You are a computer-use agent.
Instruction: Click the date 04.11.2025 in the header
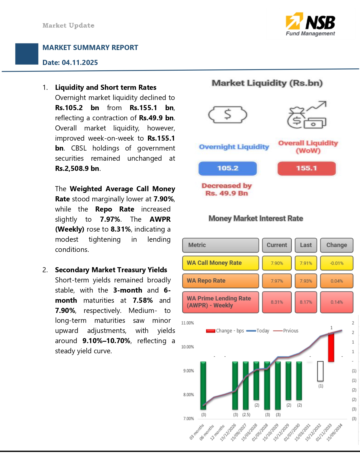(80, 62)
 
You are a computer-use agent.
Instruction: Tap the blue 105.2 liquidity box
(228, 168)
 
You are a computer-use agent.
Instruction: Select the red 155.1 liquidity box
(306, 168)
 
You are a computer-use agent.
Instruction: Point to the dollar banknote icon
(228, 114)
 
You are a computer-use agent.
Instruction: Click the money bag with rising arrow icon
(307, 115)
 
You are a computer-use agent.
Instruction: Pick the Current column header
(277, 245)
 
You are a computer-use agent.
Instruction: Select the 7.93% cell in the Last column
(306, 281)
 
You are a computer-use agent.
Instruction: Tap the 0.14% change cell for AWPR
(337, 302)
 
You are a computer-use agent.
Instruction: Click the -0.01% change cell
(337, 263)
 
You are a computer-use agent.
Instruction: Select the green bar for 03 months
(203, 385)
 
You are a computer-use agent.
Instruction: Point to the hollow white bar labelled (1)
(320, 371)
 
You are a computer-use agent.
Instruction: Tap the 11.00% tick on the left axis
(187, 323)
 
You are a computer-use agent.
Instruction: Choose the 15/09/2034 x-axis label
(335, 432)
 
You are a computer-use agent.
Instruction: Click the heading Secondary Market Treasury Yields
(111, 270)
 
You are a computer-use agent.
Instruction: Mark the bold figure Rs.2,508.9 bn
(77, 169)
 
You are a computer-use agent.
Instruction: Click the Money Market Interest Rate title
(256, 218)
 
